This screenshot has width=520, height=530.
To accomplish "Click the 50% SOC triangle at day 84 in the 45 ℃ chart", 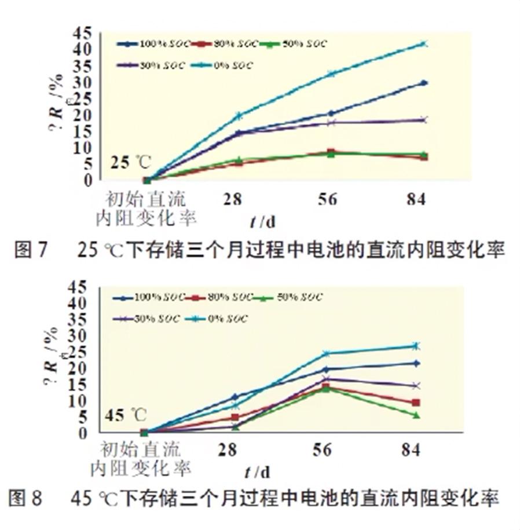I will pos(416,415).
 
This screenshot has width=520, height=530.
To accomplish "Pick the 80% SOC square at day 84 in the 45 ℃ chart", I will pos(416,403).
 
